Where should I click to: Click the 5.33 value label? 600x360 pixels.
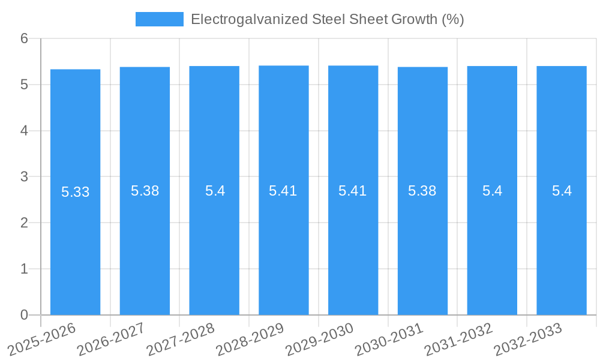tap(75, 192)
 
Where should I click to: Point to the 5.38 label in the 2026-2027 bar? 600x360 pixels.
tap(145, 191)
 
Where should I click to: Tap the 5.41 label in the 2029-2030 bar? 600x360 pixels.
tap(353, 191)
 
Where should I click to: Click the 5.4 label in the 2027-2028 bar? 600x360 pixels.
tap(214, 191)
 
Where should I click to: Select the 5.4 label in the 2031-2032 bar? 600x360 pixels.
tap(492, 191)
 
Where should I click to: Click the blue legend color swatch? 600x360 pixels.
tap(159, 19)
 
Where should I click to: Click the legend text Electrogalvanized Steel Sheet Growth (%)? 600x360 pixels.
tap(327, 19)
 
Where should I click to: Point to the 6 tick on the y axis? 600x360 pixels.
tap(24, 38)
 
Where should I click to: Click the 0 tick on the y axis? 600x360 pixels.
tap(24, 315)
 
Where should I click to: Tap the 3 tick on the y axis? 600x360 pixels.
tap(24, 176)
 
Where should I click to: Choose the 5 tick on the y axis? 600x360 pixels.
tap(24, 85)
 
